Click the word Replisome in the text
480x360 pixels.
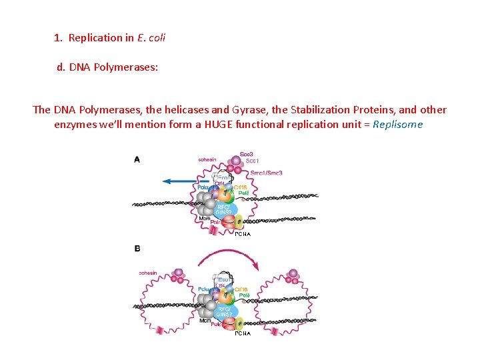point(398,125)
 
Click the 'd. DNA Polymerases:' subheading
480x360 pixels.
point(107,67)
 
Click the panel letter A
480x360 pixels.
point(137,159)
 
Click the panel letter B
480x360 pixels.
point(137,249)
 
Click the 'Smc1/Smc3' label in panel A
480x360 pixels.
point(266,173)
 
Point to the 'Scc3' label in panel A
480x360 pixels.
point(247,154)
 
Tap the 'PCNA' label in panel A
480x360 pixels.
point(243,234)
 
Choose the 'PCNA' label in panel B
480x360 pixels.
point(243,333)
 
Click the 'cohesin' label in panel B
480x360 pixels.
point(148,273)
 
